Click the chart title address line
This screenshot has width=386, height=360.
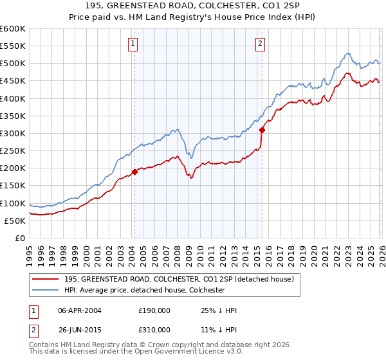(193, 6)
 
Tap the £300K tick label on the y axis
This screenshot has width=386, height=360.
(13, 133)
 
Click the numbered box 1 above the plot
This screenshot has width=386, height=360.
(132, 44)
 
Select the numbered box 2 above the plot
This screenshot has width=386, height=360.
(260, 44)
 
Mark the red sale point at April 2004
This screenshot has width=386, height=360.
(134, 172)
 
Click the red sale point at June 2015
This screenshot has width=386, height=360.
(262, 130)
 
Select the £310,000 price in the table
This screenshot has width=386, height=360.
(154, 329)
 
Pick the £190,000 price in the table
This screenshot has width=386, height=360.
(154, 310)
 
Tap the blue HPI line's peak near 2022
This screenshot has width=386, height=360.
(347, 53)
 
